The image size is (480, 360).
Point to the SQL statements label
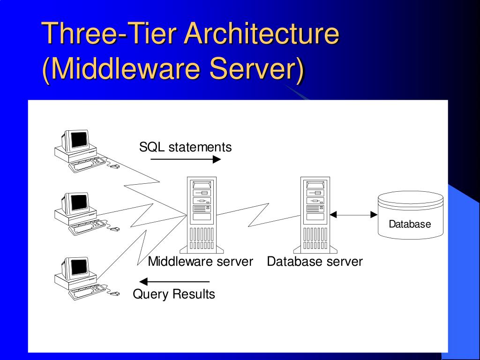[185, 147]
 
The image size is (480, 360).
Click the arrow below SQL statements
[186, 159]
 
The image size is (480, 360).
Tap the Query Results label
[174, 294]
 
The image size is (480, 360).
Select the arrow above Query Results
[175, 282]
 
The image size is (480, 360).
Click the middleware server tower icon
[202, 214]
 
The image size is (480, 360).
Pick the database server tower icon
[315, 214]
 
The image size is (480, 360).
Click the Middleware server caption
[200, 262]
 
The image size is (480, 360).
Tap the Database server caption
[315, 262]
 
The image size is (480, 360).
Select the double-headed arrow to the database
[353, 215]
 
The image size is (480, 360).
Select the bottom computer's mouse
[114, 294]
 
